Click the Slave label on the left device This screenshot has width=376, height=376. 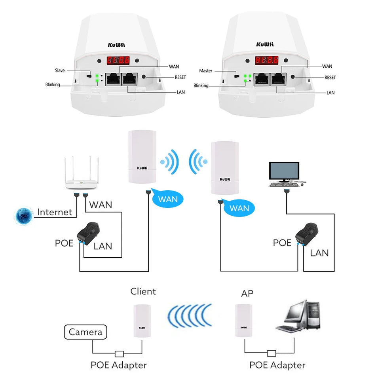pyautogui.click(x=60, y=70)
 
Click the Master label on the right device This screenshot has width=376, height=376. pyautogui.click(x=206, y=71)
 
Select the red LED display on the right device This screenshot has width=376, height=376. pyautogui.click(x=266, y=61)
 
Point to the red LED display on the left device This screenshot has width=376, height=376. pyautogui.click(x=118, y=61)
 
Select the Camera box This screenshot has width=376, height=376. pyautogui.click(x=85, y=332)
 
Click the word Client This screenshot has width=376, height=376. pyautogui.click(x=143, y=292)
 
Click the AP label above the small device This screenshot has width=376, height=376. pyautogui.click(x=247, y=294)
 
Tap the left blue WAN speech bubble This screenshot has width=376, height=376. pyautogui.click(x=168, y=199)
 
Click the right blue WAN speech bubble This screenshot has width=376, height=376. pyautogui.click(x=239, y=208)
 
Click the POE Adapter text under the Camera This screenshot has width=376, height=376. pyautogui.click(x=119, y=365)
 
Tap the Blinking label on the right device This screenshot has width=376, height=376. pyautogui.click(x=201, y=85)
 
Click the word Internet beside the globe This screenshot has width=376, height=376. pyautogui.click(x=55, y=212)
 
